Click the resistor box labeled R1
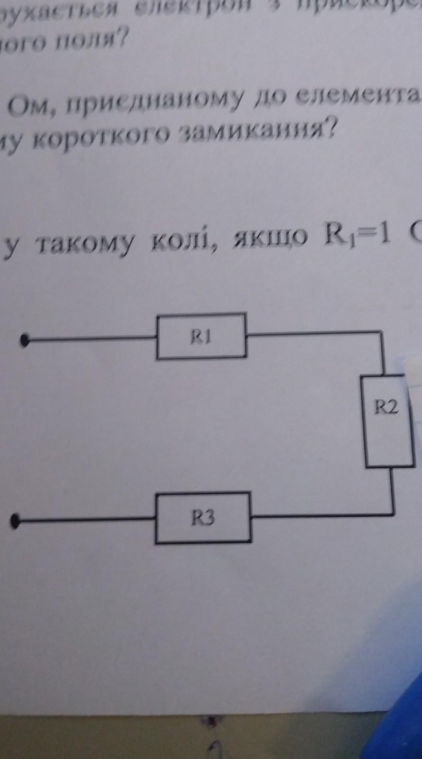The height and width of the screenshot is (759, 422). [201, 336]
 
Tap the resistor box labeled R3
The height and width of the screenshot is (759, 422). [203, 517]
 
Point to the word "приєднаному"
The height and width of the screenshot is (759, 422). [159, 99]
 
